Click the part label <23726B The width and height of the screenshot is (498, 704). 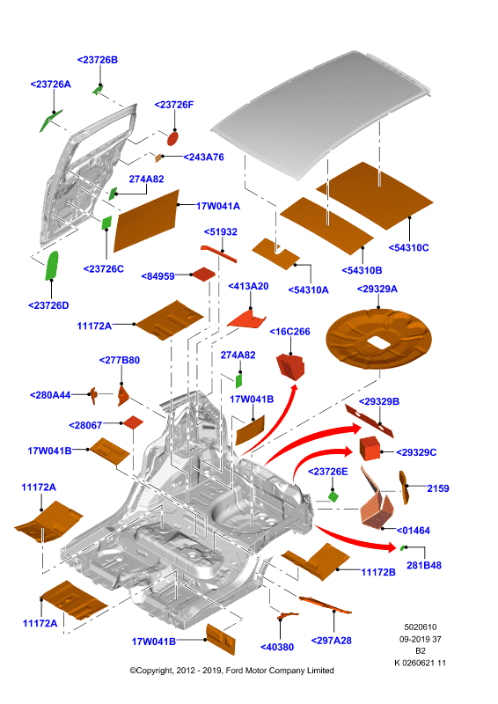(x=98, y=60)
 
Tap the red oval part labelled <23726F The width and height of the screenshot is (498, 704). (x=172, y=138)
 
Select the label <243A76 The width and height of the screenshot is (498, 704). (x=203, y=158)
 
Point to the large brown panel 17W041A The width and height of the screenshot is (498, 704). (x=146, y=221)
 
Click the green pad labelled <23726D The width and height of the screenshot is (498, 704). (x=52, y=266)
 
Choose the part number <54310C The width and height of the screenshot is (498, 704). (x=408, y=247)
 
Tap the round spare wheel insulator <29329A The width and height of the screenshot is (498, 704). (x=378, y=338)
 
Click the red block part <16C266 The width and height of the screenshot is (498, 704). (x=290, y=365)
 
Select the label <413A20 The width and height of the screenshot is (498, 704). (x=248, y=286)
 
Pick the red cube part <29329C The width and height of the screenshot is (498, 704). (x=370, y=448)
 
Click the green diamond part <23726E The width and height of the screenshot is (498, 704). (x=333, y=496)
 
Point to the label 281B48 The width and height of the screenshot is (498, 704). (x=424, y=565)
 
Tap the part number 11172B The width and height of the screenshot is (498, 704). (x=378, y=572)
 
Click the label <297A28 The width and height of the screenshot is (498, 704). (x=332, y=641)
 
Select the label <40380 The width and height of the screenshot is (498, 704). (x=277, y=647)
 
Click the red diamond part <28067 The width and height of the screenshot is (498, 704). (x=134, y=422)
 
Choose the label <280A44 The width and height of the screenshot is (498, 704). (x=50, y=395)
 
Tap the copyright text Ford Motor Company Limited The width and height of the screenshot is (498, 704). (x=279, y=671)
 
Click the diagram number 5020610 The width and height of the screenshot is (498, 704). (x=421, y=627)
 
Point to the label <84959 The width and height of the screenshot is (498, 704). (x=158, y=276)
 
